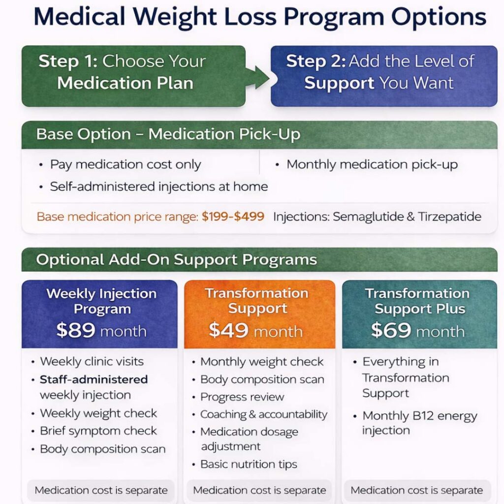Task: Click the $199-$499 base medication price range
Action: (233, 217)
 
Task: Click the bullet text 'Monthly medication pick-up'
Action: (372, 165)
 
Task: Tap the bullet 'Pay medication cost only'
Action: (126, 165)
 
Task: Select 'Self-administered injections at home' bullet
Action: (158, 187)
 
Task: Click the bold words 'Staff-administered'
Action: (94, 379)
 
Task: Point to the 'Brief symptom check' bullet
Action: (98, 431)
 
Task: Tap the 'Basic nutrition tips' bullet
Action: (249, 465)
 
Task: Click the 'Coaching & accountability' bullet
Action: (263, 414)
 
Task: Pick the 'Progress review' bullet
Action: (242, 397)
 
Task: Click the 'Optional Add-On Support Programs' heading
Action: (176, 259)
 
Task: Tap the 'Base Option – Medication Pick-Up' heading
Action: (168, 135)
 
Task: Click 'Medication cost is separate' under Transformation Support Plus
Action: (416, 490)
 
